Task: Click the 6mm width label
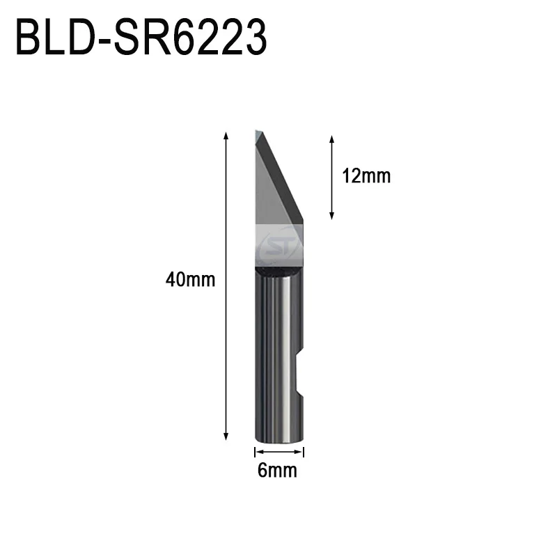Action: pyautogui.click(x=277, y=471)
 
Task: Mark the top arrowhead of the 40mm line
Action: pyautogui.click(x=226, y=134)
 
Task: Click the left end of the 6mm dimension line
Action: pyautogui.click(x=255, y=451)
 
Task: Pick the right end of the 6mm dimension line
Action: pyautogui.click(x=304, y=451)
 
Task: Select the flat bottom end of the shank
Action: pyautogui.click(x=278, y=441)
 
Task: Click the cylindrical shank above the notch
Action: pyautogui.click(x=278, y=313)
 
